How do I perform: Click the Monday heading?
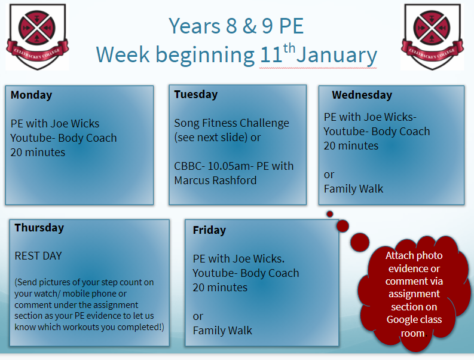pos(31,95)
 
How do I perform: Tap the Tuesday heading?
pos(195,94)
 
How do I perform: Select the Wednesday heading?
pos(362,95)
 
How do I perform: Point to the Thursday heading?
pos(39,228)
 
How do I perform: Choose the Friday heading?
pos(209,230)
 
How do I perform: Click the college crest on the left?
pos(38,36)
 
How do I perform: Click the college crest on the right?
pos(432,36)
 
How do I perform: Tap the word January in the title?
pos(337,55)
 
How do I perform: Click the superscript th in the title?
pos(289,48)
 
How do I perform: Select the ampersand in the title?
pos(249,26)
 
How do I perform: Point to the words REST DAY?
pos(38,256)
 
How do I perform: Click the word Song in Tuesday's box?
pos(186,123)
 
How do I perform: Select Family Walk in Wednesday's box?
pos(353,189)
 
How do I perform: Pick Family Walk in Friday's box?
pos(222,331)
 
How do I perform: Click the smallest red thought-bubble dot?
pos(330,214)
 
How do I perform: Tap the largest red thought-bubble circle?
pos(360,242)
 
